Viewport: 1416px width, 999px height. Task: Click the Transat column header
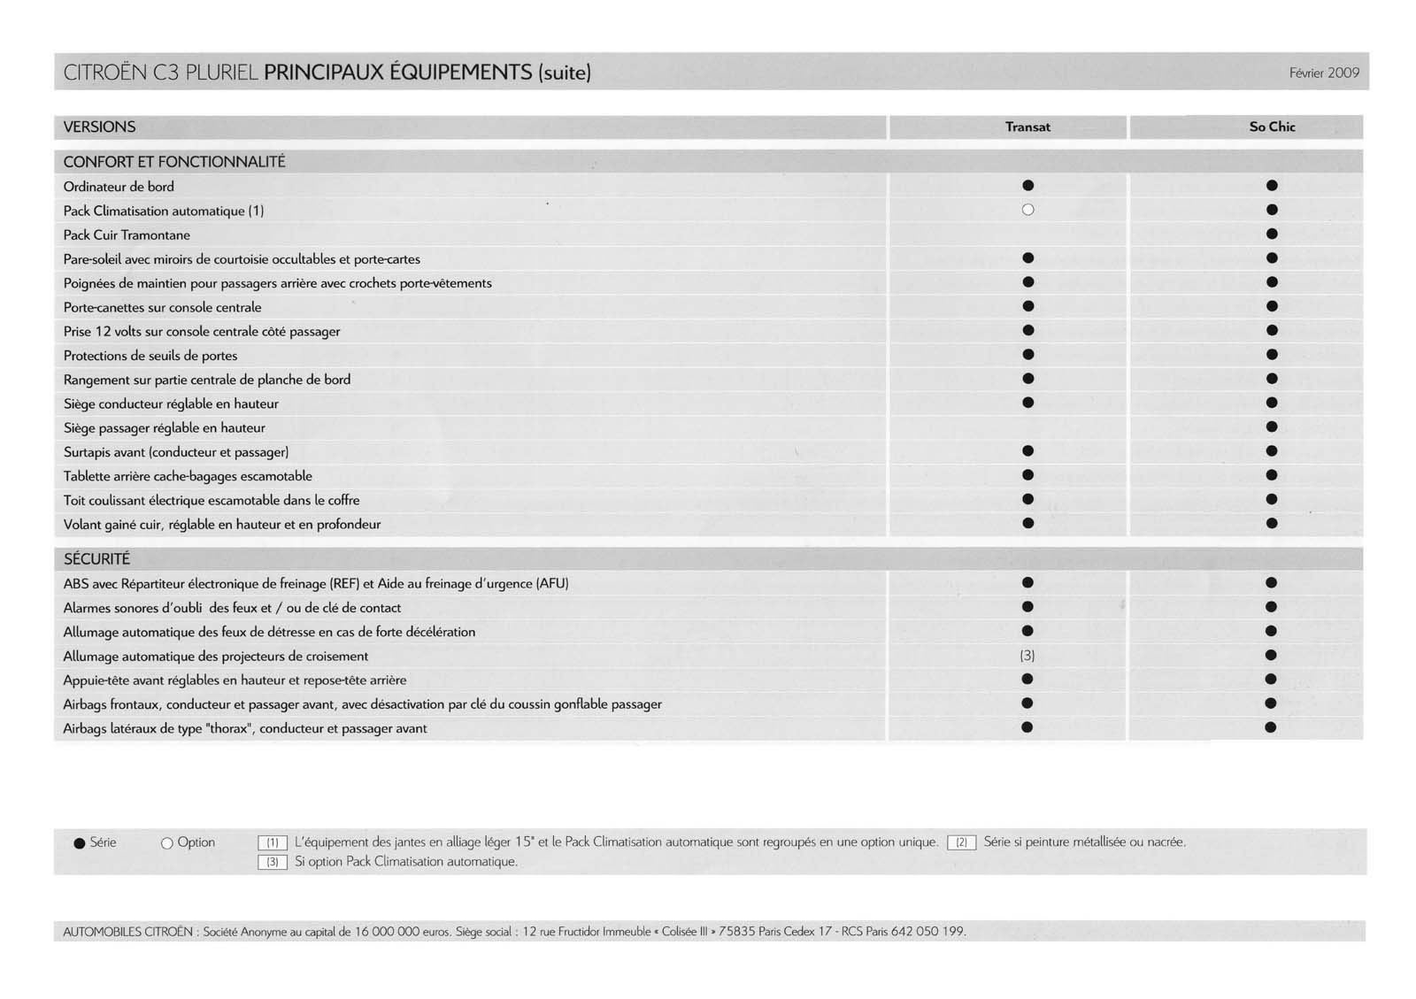pos(1027,127)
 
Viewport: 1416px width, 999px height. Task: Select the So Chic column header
pos(1272,127)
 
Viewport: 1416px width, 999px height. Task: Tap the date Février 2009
pos(1324,73)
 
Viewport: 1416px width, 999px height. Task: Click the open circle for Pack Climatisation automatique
pos(1027,211)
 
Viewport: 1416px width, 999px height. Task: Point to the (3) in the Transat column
pos(1027,657)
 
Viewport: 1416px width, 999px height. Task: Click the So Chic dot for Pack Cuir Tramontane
pos(1272,234)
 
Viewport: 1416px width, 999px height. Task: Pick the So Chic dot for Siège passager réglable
pos(1272,427)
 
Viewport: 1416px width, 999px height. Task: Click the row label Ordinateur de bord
pos(119,187)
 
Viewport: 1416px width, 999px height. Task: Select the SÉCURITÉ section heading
pos(96,559)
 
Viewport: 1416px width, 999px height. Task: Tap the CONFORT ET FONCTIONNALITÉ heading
pos(174,162)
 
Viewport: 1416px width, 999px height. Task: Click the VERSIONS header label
pos(99,127)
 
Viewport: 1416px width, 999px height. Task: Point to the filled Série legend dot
pos(80,843)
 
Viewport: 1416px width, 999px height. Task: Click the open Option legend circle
pos(166,843)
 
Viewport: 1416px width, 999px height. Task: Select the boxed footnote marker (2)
pos(961,843)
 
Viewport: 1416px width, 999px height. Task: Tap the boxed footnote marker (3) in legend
pos(273,863)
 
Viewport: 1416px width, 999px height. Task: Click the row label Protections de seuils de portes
pos(150,356)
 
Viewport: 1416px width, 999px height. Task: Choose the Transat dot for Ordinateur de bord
pos(1027,186)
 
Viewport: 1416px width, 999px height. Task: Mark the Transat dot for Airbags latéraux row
pos(1027,728)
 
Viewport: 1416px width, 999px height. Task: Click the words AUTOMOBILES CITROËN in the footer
pos(127,932)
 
